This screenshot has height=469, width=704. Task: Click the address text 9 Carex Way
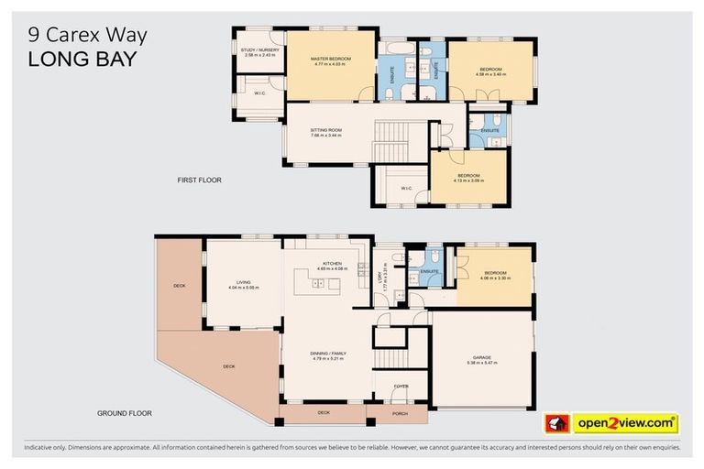point(87,36)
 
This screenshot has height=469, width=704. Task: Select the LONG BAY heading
point(82,60)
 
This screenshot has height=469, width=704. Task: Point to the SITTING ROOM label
point(327,130)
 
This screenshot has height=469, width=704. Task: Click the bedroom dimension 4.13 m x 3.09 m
point(468,180)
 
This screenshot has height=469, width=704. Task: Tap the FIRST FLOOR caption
point(199,180)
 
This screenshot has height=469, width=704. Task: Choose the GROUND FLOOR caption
point(124,413)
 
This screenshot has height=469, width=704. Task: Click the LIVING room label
point(243,282)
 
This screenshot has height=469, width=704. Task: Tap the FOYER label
point(401,386)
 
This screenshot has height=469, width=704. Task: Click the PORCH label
point(397,413)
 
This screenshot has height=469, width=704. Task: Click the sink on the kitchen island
point(318,285)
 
